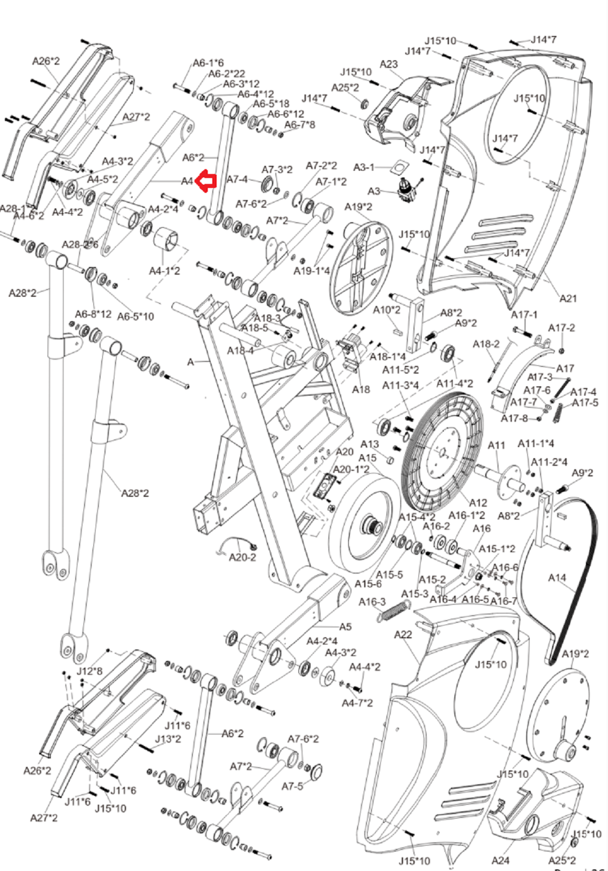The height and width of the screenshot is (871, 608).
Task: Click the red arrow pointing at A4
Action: tap(207, 181)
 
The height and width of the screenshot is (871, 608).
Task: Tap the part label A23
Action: tap(389, 65)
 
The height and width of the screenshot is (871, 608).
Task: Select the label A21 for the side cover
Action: tap(568, 298)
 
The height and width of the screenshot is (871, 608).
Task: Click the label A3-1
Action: tap(364, 167)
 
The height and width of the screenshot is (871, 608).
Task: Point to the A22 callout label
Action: tap(403, 634)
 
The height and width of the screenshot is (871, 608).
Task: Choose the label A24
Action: tap(500, 860)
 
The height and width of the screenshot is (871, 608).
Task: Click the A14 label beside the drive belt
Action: tap(557, 578)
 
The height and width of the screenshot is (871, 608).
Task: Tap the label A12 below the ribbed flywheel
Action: tap(478, 502)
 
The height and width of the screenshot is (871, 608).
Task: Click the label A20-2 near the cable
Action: tap(243, 557)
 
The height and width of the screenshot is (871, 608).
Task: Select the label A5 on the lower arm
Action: tap(345, 627)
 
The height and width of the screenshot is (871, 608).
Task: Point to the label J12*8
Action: tap(90, 671)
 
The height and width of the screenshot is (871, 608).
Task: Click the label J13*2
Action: tap(167, 739)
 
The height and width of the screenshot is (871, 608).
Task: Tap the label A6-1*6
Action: tap(208, 63)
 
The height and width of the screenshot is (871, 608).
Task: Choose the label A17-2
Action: tap(561, 328)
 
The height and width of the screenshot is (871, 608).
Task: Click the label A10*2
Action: tap(386, 309)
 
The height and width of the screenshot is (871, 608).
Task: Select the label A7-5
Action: tap(292, 786)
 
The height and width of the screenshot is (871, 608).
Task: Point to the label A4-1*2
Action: tap(164, 271)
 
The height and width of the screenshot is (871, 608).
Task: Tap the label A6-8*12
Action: tap(93, 314)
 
